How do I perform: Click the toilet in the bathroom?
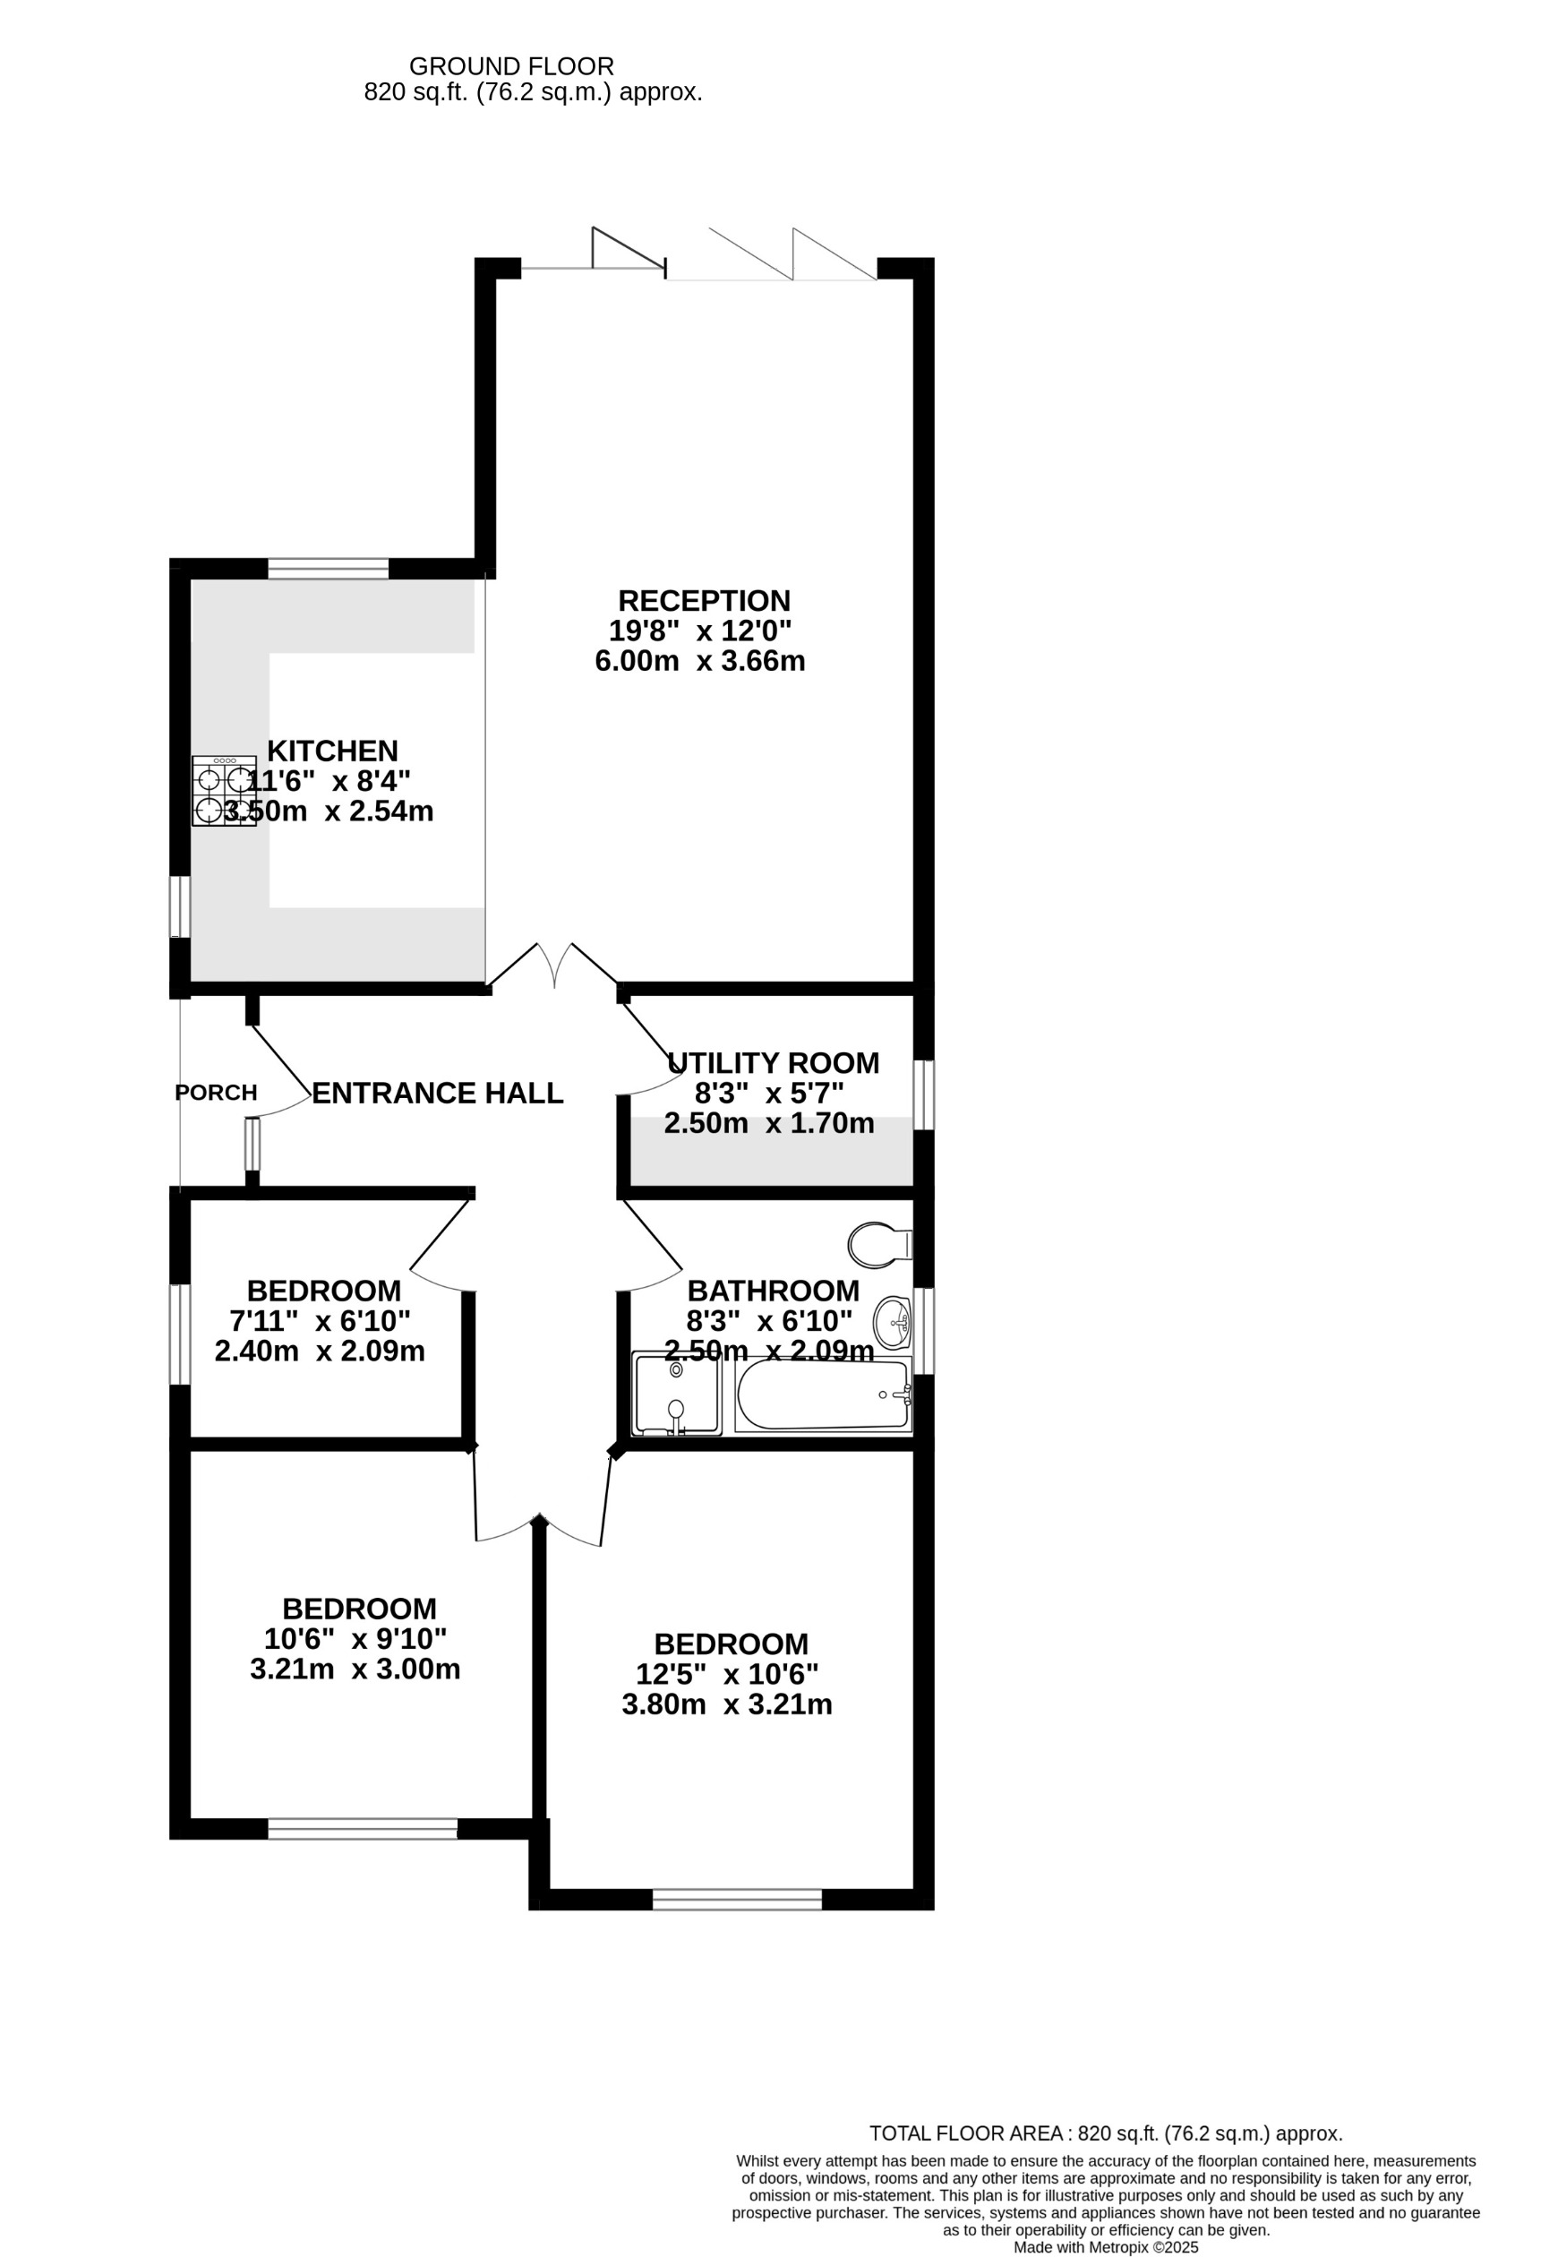click(879, 1245)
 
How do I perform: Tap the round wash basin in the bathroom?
click(893, 1322)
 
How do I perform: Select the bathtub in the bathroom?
click(824, 1395)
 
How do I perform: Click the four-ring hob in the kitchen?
click(225, 792)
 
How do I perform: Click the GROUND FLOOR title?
click(511, 66)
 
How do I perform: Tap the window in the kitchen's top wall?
click(329, 568)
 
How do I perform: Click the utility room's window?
click(925, 1094)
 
